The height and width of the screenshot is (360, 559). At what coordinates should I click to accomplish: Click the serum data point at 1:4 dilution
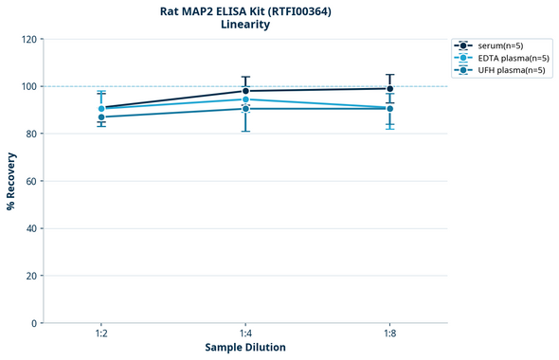point(245,91)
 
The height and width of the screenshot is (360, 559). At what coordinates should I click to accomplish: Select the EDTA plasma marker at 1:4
point(245,99)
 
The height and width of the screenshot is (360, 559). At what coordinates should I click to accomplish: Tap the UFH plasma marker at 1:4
point(245,109)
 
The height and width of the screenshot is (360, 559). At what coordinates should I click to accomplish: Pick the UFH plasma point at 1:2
point(101,117)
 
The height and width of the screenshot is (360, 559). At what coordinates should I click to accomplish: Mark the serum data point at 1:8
point(389,88)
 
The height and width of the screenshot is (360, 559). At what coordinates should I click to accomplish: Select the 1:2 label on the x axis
point(101,334)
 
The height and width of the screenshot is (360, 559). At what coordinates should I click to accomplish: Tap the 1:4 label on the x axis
point(245,334)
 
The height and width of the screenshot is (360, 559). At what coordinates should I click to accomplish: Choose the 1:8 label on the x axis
point(389,334)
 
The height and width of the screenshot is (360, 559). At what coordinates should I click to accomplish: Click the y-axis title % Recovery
point(11,181)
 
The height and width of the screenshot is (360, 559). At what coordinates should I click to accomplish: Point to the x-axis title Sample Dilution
point(245,348)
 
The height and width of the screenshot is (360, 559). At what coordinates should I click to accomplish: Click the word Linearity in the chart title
point(245,25)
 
